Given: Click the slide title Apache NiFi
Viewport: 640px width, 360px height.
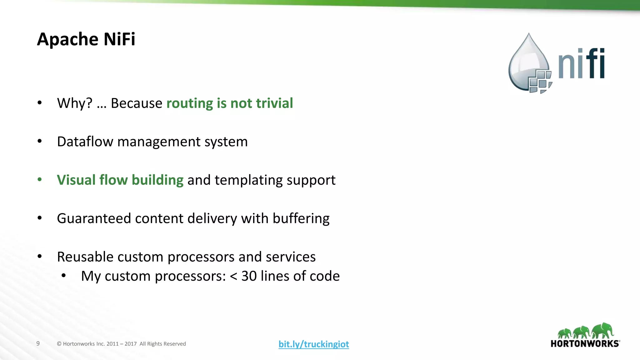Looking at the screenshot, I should coord(86,39).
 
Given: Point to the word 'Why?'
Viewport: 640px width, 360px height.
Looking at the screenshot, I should coord(75,103).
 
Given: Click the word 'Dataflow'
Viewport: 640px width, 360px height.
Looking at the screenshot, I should coord(85,142).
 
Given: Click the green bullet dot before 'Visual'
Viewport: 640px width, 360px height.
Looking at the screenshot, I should coord(40,179).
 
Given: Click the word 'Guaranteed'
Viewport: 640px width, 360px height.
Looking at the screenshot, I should coord(94,218).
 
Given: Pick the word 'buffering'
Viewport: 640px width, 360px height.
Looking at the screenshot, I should coord(301,218).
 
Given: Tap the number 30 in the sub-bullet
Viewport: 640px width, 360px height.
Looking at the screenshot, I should coord(249,276).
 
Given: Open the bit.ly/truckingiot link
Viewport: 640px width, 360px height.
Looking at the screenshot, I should coord(313,344).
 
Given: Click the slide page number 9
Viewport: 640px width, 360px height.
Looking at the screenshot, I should coord(38,343).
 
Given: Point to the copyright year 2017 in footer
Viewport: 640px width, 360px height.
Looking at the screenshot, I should coord(131,344).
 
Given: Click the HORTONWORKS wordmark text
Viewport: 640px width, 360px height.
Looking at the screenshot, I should coord(585,344).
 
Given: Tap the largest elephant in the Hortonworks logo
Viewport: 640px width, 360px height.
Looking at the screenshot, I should coord(603,330).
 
